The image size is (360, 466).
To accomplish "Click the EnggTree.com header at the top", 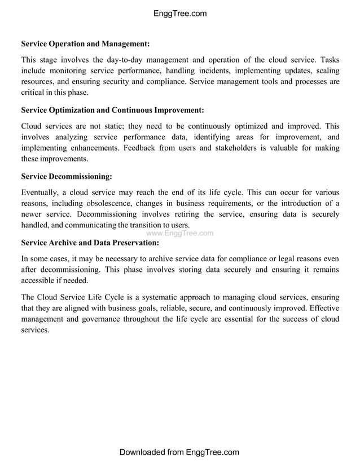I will [x=180, y=14].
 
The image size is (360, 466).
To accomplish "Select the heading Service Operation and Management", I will [x=85, y=43].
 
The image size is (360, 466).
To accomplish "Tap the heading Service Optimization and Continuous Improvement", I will [x=112, y=110].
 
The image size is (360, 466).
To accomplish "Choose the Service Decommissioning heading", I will [x=67, y=177].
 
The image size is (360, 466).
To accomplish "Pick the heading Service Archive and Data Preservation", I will [x=90, y=243].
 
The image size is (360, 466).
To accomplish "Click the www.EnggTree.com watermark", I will [x=179, y=233].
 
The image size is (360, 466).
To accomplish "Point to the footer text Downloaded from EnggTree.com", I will [x=179, y=452].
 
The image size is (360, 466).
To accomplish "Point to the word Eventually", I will [x=41, y=193].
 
